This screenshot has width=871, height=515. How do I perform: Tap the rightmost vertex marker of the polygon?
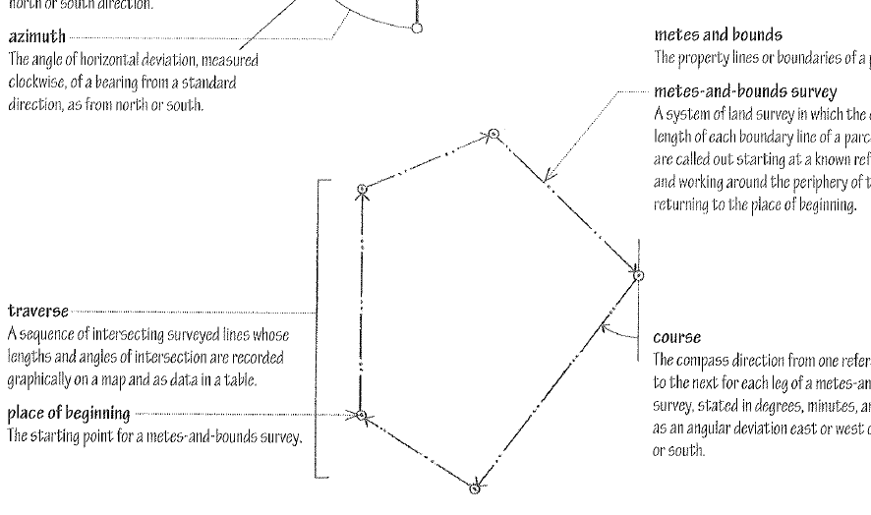pyautogui.click(x=639, y=276)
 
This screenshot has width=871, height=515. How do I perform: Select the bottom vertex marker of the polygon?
pyautogui.click(x=476, y=486)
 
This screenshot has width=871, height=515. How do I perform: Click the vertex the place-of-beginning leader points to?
pyautogui.click(x=363, y=417)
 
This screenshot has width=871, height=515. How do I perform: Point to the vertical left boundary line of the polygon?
pyautogui.click(x=363, y=305)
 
